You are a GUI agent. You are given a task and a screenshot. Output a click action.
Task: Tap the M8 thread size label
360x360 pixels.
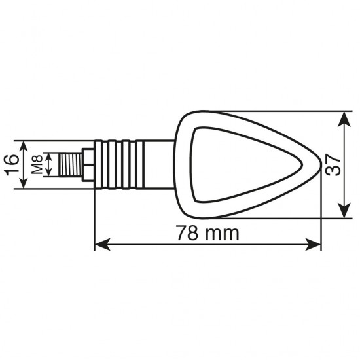[x=38, y=164]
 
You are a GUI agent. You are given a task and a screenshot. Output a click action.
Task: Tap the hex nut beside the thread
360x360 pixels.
[x=87, y=164]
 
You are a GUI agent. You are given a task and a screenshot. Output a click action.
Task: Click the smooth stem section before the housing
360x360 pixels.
[x=157, y=164]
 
